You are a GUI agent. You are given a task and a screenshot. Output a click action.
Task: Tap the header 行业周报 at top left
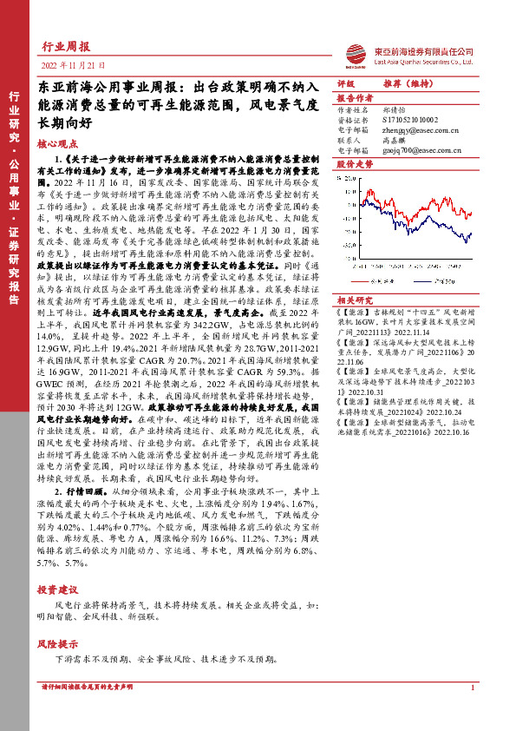point(66,45)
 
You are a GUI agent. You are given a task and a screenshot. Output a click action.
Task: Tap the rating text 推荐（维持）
point(408,83)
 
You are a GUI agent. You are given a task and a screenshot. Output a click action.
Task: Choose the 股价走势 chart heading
point(354,163)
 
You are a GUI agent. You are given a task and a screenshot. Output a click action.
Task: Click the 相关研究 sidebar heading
point(354,300)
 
